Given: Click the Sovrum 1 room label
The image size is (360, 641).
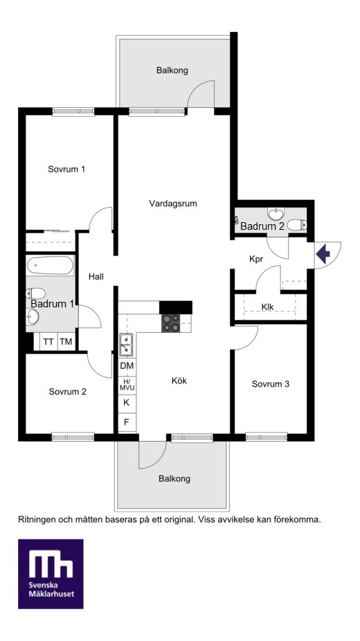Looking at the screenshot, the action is pos(66,169).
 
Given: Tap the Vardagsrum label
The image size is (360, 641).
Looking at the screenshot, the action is pos(173,204).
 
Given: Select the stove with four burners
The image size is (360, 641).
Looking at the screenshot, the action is pos(171,323).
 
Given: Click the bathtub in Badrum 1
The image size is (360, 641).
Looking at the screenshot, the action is pos(50,266).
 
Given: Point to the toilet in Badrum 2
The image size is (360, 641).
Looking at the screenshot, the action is pos(297,225).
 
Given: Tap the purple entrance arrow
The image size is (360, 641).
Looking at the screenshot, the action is pos(323,254).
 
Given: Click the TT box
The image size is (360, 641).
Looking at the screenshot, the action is pos(48,342).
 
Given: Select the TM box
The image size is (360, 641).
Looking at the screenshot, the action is pos(66,342).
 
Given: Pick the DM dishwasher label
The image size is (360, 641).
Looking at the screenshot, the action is pos(127,366).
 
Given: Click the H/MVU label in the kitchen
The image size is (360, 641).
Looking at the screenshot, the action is pos(127,384).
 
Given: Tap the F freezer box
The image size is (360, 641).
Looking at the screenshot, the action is pos(127,422).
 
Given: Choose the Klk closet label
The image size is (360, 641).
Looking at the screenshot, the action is pos(268,307).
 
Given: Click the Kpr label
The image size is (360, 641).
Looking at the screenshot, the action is pos(255,259).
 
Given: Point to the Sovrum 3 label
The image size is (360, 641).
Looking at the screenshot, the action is pos(271,384).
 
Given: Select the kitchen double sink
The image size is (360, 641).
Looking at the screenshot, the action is pos(126,345).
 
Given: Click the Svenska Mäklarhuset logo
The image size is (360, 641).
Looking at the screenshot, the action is pos(51,574).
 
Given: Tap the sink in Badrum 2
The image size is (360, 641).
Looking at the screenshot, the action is pos(277,213).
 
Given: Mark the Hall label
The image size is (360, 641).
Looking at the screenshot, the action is pos(96,277).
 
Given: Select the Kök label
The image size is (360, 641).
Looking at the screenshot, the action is pos(179,381).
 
